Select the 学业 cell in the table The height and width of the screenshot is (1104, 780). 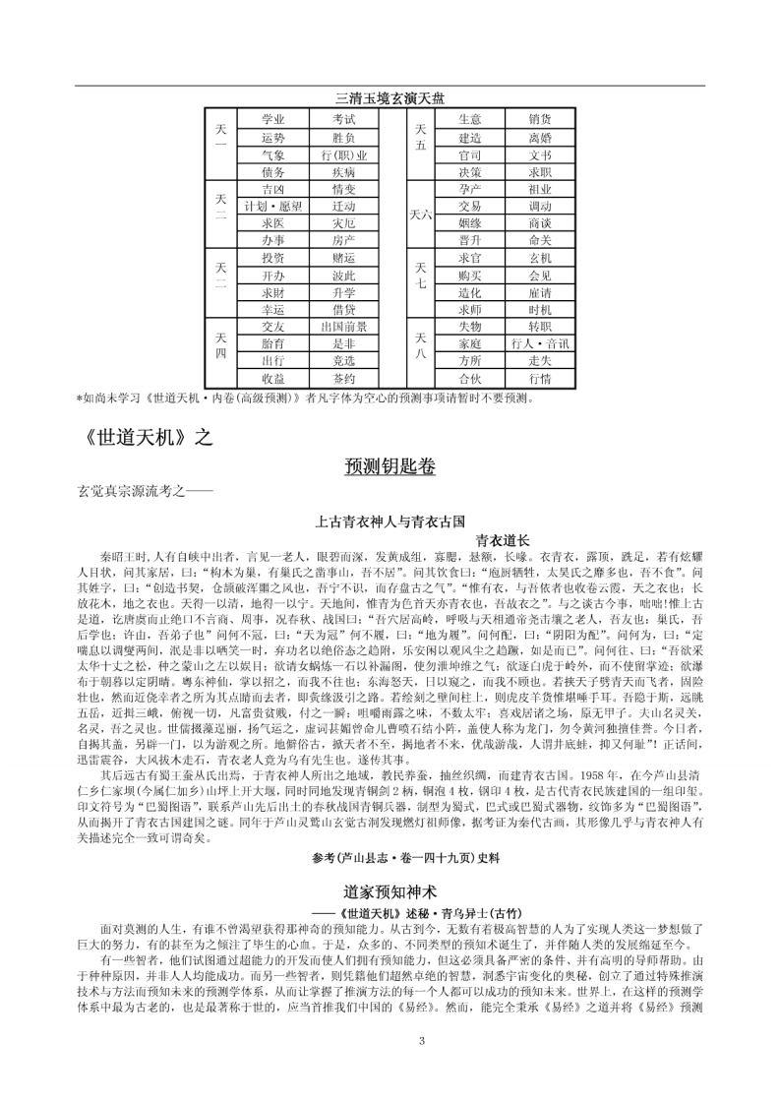point(272,119)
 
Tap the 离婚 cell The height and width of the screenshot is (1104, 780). point(540,138)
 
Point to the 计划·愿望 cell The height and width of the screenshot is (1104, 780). point(272,207)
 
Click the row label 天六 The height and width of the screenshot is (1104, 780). point(420,214)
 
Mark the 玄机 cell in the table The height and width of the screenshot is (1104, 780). point(540,258)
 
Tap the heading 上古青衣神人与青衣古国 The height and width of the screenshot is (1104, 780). point(390,520)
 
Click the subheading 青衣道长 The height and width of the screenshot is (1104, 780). point(503,540)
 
